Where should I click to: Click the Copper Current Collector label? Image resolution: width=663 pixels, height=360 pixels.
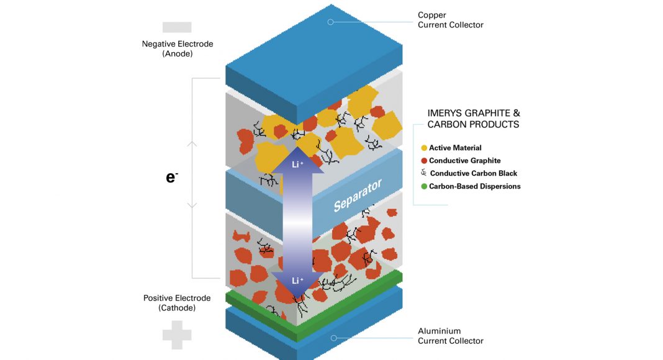(450, 20)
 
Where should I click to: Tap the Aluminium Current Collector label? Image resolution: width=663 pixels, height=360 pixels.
(450, 336)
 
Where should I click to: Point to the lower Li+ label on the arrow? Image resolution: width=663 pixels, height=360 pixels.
(297, 281)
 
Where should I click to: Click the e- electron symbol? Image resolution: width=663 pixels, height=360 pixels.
(172, 177)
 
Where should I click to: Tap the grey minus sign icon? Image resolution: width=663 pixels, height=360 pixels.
(177, 27)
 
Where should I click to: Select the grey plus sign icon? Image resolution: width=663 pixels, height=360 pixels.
(177, 335)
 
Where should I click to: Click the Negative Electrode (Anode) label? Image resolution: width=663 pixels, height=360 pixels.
(178, 48)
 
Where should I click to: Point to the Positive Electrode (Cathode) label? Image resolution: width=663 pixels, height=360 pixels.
(177, 303)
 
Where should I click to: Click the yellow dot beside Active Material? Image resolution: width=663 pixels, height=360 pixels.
(424, 148)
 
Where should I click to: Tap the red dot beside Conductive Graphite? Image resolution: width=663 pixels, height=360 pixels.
(424, 161)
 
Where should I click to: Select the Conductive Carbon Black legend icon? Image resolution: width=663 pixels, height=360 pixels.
(424, 173)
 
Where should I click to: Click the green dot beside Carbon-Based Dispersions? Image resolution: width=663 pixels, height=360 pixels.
(424, 186)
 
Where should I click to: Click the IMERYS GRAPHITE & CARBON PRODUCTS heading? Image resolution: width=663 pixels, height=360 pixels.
(474, 119)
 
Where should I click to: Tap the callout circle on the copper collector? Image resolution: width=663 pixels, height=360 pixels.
(331, 22)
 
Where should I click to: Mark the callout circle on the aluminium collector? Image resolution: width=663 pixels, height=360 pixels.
(333, 338)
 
